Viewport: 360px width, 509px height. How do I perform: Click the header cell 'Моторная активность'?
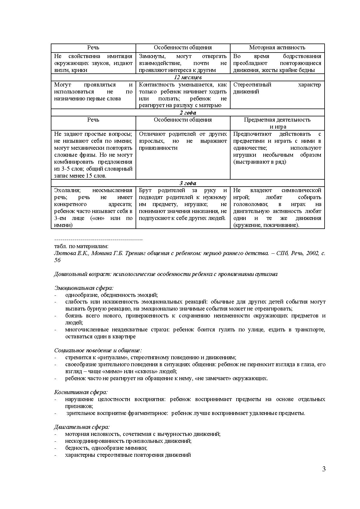pyautogui.click(x=277, y=48)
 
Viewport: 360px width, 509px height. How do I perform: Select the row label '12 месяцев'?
pyautogui.click(x=188, y=77)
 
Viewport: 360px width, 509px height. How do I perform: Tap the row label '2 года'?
pyautogui.click(x=188, y=113)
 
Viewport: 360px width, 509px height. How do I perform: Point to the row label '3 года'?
pyautogui.click(x=188, y=183)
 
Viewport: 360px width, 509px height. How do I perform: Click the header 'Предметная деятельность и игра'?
pyautogui.click(x=277, y=123)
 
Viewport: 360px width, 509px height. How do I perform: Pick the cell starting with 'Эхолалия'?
pyautogui.click(x=93, y=207)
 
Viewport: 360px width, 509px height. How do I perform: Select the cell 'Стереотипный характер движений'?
pyautogui.click(x=277, y=88)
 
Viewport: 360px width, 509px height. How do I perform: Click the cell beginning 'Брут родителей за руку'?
pyautogui.click(x=183, y=204)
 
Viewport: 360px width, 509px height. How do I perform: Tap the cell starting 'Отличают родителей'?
pyautogui.click(x=183, y=141)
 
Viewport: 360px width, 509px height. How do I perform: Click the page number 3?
pyautogui.click(x=324, y=469)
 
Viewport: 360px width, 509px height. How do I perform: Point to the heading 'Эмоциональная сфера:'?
pyautogui.click(x=84, y=288)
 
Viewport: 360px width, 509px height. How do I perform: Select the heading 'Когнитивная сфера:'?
pyautogui.click(x=81, y=392)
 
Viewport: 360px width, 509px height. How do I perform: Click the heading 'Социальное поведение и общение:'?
pyautogui.click(x=98, y=351)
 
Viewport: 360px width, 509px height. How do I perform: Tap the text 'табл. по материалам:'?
pyautogui.click(x=81, y=246)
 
